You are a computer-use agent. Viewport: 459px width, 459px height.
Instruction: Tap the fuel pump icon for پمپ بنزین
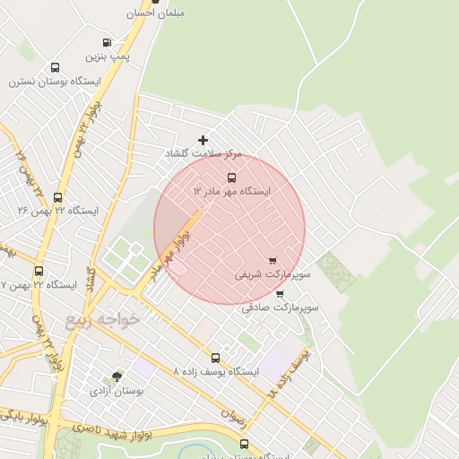[108, 42]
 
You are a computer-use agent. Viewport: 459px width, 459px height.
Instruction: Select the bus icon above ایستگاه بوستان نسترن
[56, 67]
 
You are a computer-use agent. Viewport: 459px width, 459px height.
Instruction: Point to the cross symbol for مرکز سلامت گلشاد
[204, 140]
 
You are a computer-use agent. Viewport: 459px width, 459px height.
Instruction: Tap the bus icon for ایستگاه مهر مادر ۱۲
[232, 177]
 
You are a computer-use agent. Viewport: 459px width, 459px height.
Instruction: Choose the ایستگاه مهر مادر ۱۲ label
[232, 191]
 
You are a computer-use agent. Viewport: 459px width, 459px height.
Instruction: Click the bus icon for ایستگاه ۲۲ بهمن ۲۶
[58, 197]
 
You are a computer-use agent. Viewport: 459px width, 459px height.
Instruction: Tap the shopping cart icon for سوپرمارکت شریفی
[273, 260]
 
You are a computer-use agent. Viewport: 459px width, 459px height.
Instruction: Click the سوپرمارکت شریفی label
[273, 274]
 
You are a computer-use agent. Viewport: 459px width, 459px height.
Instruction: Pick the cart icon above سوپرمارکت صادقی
[280, 293]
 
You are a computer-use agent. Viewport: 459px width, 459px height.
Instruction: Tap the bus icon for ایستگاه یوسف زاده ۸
[215, 357]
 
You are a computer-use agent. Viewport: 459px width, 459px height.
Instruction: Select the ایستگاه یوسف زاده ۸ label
[215, 371]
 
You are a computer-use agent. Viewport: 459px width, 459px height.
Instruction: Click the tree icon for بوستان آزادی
[117, 377]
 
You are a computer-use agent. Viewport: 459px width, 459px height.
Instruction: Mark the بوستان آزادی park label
[117, 391]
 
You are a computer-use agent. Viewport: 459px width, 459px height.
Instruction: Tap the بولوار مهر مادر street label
[169, 251]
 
